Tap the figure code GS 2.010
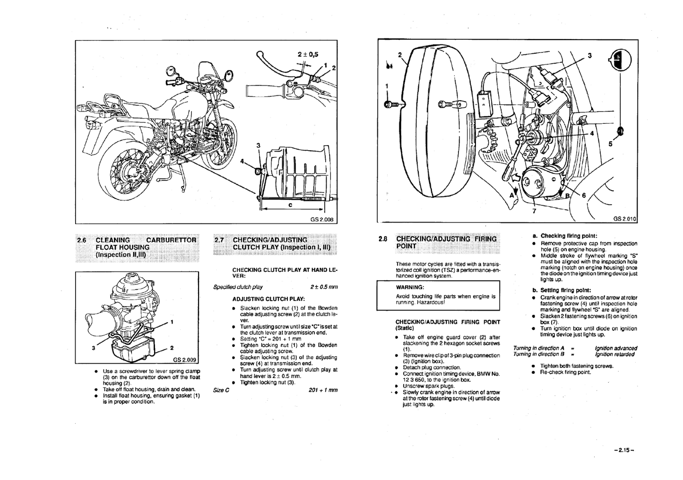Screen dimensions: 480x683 coord(625,219)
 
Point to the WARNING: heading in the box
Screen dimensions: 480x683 coord(410,287)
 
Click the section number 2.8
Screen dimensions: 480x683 coord(383,239)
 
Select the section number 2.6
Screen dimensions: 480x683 coord(82,240)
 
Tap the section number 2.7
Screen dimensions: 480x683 coord(219,240)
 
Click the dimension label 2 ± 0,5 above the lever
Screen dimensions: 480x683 coord(308,54)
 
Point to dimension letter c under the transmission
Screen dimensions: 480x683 coord(290,205)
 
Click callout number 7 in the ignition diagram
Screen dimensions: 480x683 coord(534,211)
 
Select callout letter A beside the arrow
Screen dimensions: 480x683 coord(511,194)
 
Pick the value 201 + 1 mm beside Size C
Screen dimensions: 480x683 coord(323,390)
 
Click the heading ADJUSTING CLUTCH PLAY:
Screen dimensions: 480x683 coord(268,299)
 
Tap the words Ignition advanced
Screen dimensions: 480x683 coord(616,348)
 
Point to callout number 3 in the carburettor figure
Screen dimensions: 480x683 coord(94,348)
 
